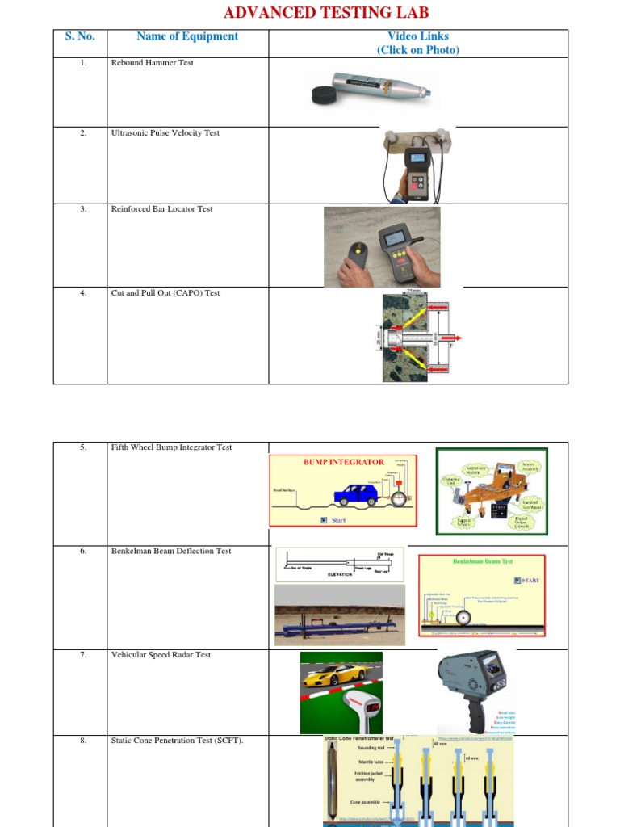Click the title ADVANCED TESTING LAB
pos(325,12)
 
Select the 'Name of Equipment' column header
pos(187,36)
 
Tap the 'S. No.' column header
pos(80,36)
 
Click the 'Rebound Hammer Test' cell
pos(152,63)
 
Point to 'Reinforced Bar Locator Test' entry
pos(161,209)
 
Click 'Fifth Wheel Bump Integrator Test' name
pos(171,447)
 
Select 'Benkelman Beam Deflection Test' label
pos(170,552)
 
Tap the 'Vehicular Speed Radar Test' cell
pos(161,655)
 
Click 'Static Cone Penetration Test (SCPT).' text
pos(177,740)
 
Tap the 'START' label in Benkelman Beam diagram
pos(530,580)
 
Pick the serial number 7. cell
pos(83,655)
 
